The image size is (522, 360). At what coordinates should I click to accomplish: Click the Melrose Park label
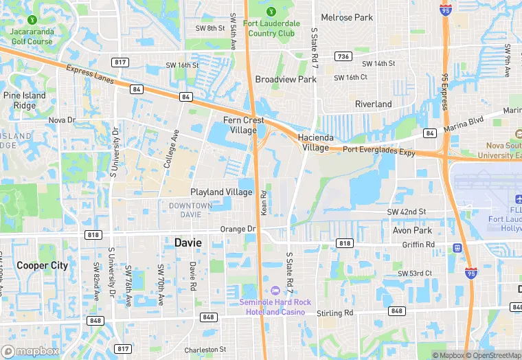(x=347, y=17)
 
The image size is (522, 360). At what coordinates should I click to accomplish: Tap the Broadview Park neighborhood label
(x=286, y=80)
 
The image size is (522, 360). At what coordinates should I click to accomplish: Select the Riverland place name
(x=373, y=104)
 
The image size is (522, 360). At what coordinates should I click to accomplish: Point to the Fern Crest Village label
(x=244, y=125)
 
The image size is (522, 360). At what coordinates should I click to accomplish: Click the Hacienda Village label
(x=315, y=142)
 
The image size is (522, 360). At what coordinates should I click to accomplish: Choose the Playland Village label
(x=221, y=192)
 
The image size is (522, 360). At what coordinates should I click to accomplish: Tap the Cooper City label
(x=42, y=265)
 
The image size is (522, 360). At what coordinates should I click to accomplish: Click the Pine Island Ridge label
(x=25, y=100)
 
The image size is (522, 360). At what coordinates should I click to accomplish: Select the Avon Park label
(x=412, y=231)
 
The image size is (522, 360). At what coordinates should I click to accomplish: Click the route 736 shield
(x=343, y=56)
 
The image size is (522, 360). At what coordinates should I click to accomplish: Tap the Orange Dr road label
(x=238, y=229)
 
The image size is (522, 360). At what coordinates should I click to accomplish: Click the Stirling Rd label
(x=334, y=313)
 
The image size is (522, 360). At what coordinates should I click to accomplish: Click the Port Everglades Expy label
(x=379, y=150)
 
